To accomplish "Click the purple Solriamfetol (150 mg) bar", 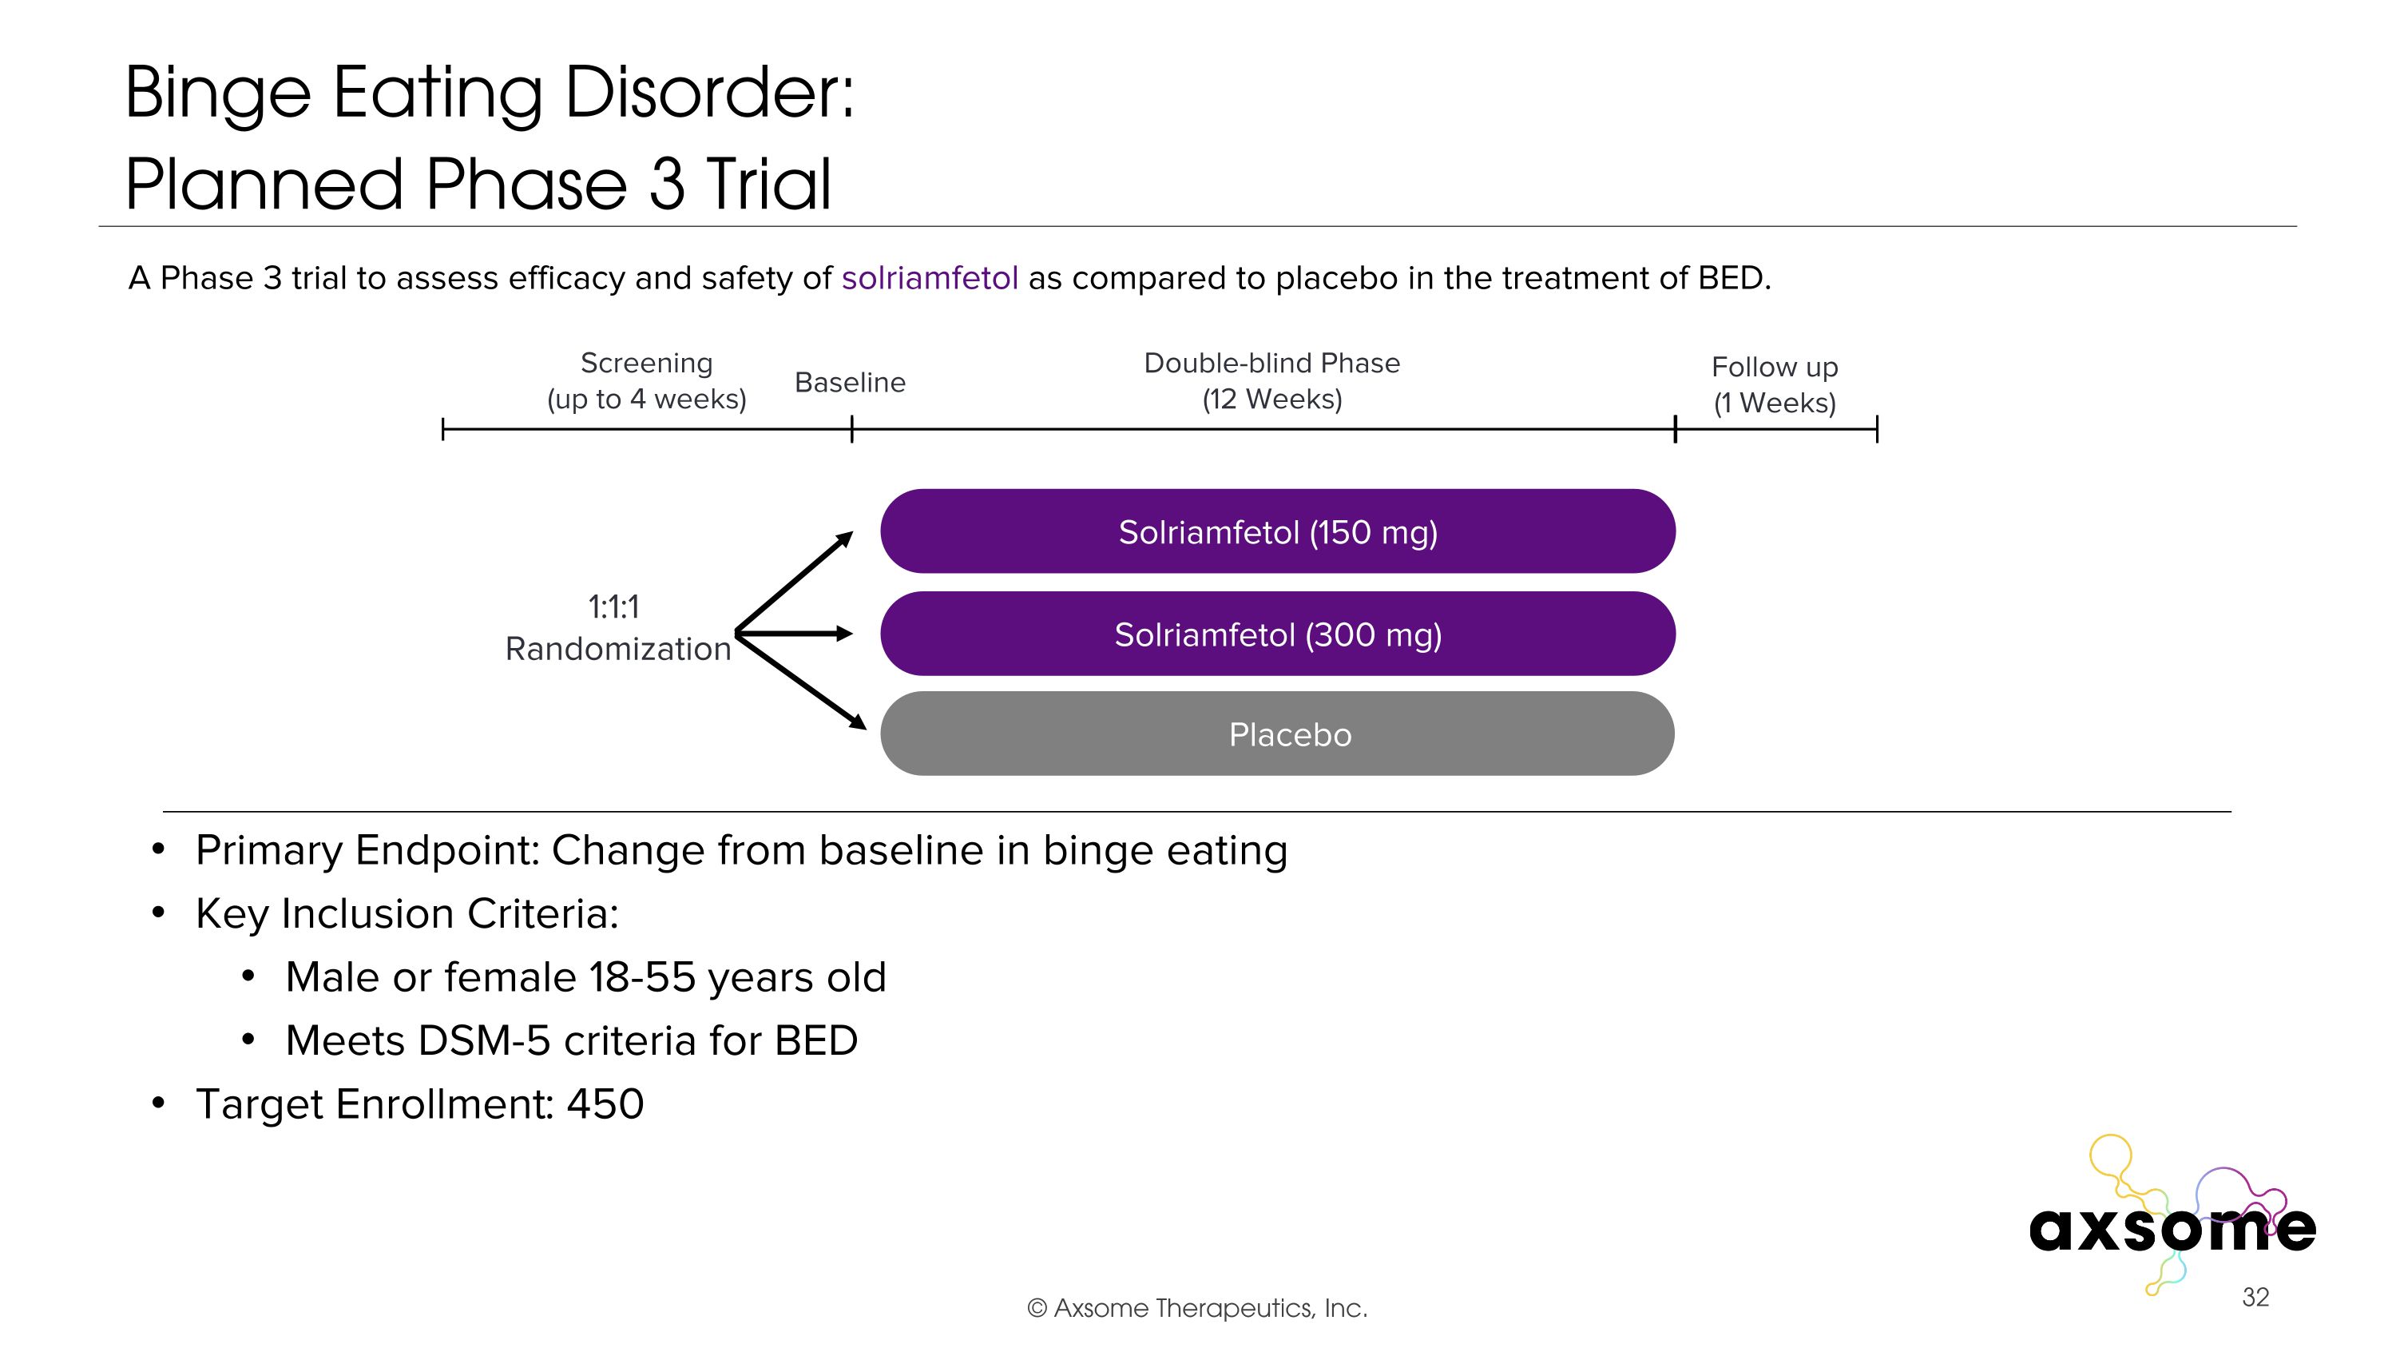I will click(x=1277, y=531).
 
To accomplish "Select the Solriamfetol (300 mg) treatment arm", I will click(x=1277, y=634).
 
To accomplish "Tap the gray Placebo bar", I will click(x=1277, y=734).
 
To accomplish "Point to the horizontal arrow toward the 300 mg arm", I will click(x=796, y=634).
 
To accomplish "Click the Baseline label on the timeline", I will click(x=849, y=383).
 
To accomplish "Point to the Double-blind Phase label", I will click(x=1271, y=363).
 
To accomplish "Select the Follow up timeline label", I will click(x=1774, y=368).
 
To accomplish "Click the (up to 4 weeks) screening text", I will click(x=646, y=399).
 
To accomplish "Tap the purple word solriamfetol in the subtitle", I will click(x=929, y=278).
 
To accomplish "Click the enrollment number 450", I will click(x=605, y=1104).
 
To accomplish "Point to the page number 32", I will click(x=2255, y=1297).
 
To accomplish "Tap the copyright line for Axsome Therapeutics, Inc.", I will click(x=1197, y=1308).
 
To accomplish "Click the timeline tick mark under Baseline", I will click(x=852, y=429).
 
